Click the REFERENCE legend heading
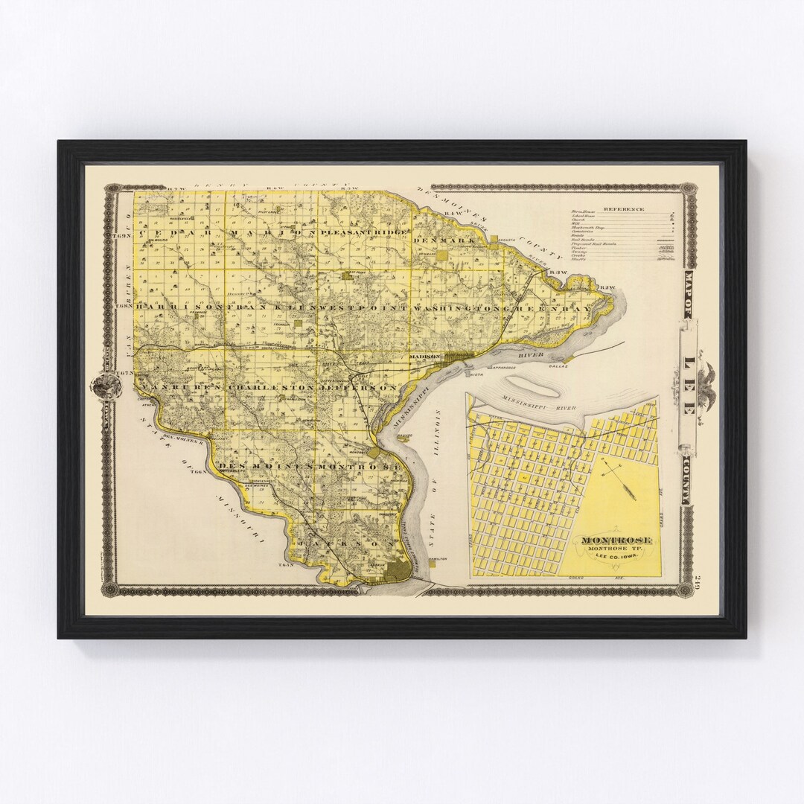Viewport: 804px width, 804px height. point(624,209)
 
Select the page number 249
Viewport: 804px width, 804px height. point(697,582)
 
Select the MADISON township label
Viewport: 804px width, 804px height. point(423,357)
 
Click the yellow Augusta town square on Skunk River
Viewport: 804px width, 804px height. point(495,239)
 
